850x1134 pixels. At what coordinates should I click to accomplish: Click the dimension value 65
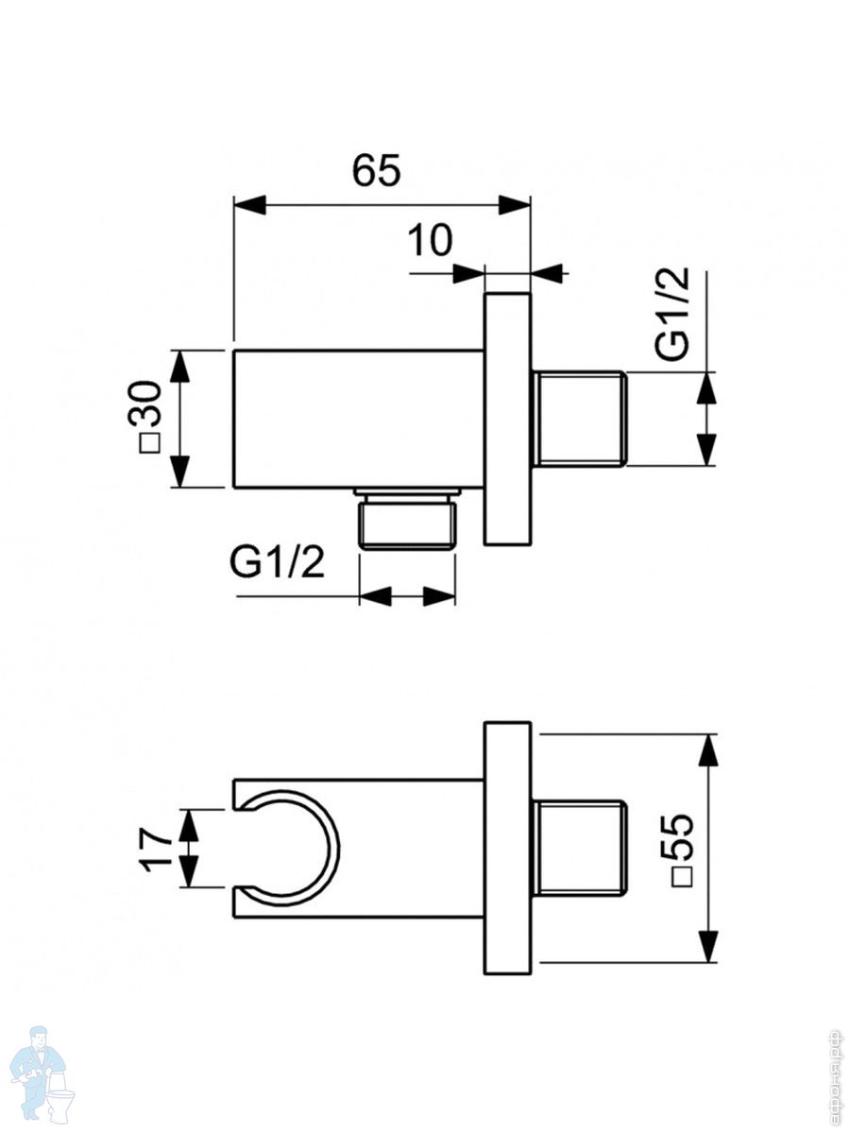pos(376,170)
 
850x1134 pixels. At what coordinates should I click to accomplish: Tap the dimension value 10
pos(430,240)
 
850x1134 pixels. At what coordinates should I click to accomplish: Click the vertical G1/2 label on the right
pos(672,314)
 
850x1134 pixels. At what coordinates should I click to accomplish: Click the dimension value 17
pos(157,849)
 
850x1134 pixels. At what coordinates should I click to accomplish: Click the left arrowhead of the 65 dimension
pos(249,204)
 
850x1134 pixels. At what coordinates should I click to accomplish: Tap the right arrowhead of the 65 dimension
pos(515,204)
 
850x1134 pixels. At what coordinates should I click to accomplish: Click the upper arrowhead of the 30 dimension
pos(179,367)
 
